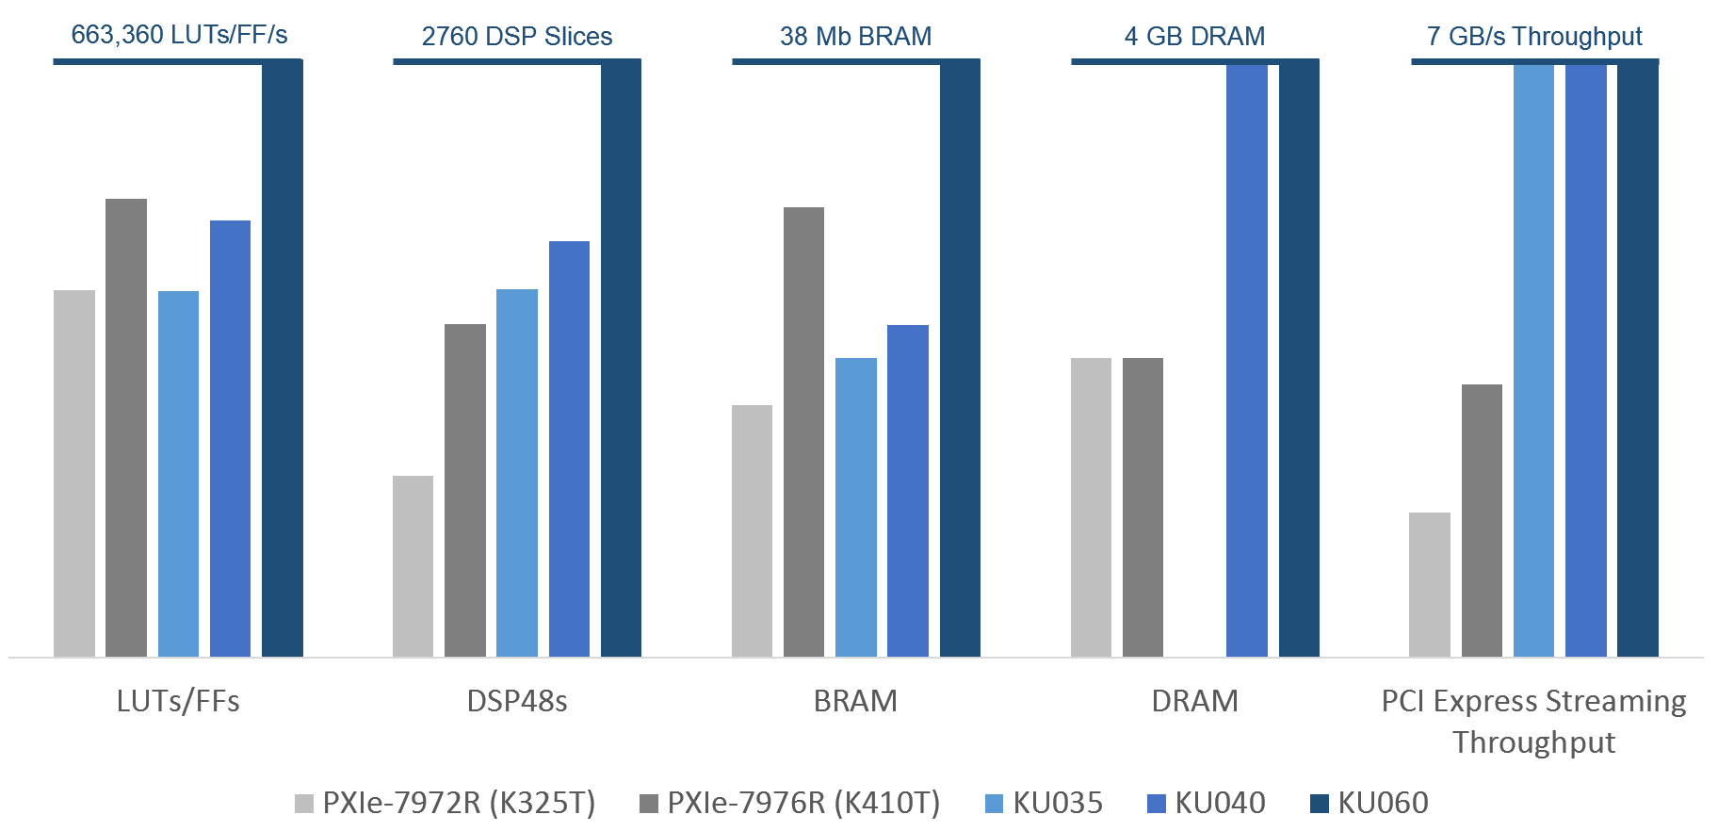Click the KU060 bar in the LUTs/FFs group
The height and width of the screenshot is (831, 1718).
click(x=282, y=358)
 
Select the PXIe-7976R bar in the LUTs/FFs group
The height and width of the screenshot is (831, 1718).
click(x=126, y=428)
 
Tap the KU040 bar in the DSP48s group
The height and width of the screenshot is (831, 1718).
click(x=569, y=448)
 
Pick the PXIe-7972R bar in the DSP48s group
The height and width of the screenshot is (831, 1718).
click(x=413, y=566)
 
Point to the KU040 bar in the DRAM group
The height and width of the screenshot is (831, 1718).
click(x=1246, y=358)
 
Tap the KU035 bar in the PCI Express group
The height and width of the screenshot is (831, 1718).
click(x=1533, y=358)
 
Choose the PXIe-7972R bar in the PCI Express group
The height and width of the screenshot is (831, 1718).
click(x=1430, y=584)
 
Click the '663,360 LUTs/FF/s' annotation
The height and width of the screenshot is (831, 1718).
click(x=179, y=35)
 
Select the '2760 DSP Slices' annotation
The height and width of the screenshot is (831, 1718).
click(x=517, y=37)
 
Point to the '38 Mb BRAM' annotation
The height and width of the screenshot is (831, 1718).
click(x=855, y=37)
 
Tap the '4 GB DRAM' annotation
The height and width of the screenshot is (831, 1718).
click(x=1194, y=37)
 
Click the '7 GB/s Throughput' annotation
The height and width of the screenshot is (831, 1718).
click(x=1534, y=37)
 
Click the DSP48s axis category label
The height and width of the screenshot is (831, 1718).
click(x=517, y=701)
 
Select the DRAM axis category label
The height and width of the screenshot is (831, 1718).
click(x=1194, y=701)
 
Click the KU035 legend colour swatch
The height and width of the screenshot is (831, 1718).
click(x=994, y=804)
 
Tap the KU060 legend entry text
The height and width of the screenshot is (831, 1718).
click(x=1383, y=803)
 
